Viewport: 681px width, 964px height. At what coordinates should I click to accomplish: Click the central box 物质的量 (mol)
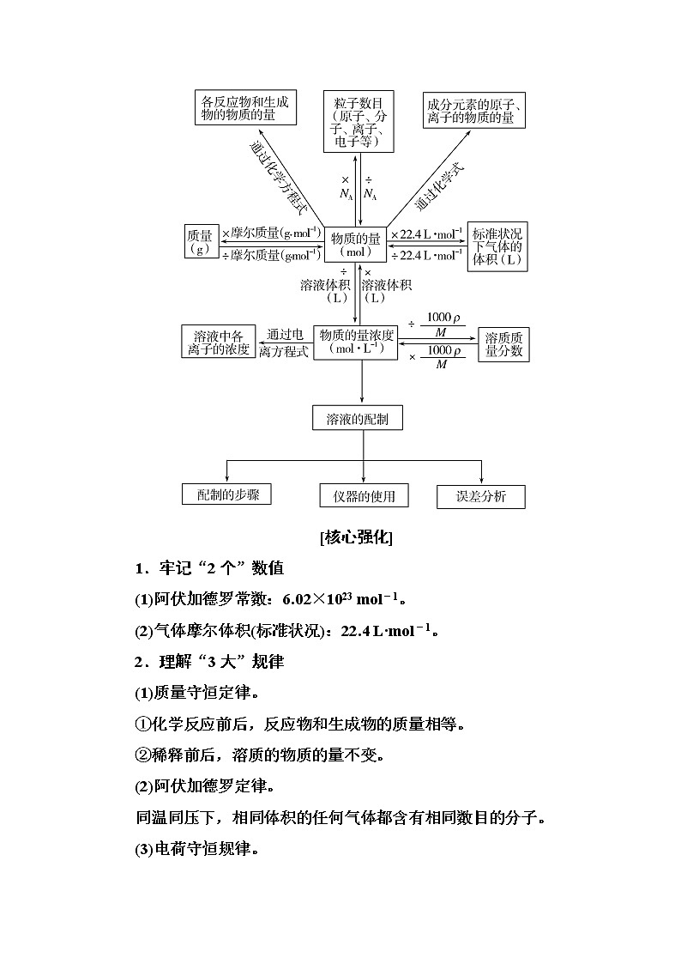pos(355,246)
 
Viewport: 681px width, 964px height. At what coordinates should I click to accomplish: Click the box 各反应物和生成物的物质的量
pos(244,107)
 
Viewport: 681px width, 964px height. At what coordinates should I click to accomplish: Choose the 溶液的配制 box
pos(358,419)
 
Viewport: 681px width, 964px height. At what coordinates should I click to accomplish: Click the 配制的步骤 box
pos(227,494)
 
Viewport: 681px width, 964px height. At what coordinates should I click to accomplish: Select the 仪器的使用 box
pos(364,495)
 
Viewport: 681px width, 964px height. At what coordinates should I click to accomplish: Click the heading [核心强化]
pos(356,538)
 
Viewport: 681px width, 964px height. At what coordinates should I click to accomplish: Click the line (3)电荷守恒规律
pos(197,850)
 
